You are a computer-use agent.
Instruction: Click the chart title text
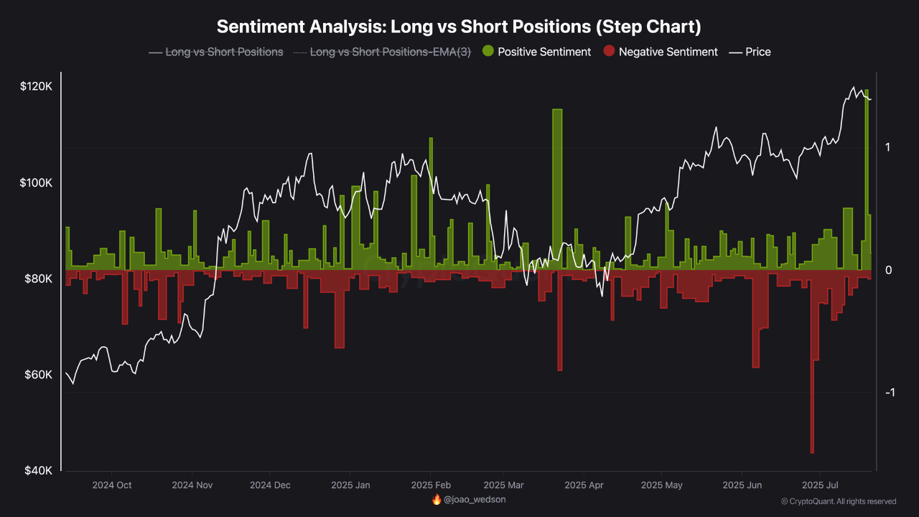pos(459,27)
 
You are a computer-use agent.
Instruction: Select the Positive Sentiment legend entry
pos(537,52)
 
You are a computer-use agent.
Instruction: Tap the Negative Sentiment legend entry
pos(661,52)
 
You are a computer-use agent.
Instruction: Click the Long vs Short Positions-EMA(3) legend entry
pos(382,52)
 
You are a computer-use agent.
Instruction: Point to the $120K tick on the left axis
pos(37,86)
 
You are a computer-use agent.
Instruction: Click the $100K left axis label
pos(37,182)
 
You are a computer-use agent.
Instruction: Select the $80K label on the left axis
pos(39,279)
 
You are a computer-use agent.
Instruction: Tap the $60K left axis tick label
pos(39,375)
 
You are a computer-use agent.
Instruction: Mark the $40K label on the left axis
pos(39,471)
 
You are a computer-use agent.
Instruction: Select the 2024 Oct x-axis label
pos(112,485)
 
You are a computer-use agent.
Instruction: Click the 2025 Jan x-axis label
pos(350,485)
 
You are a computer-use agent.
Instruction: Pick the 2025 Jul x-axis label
pos(821,485)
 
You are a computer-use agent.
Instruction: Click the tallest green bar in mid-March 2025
pos(557,187)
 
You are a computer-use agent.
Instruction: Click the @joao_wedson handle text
pos(475,499)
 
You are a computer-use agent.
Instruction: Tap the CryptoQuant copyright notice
pos(839,501)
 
